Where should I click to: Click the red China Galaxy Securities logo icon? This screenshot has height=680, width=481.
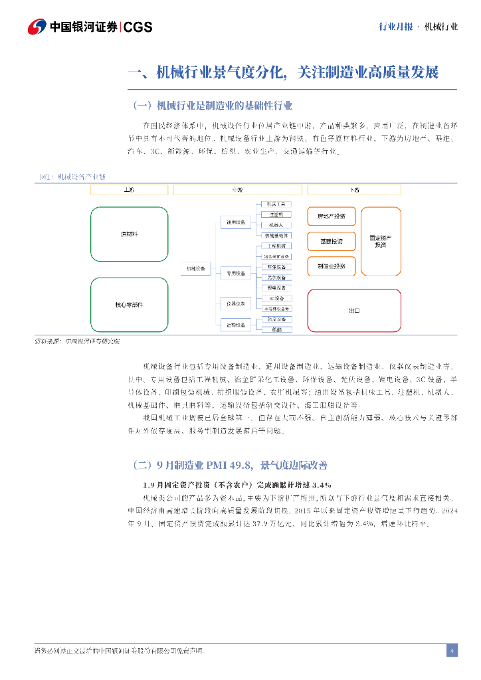pos(37,27)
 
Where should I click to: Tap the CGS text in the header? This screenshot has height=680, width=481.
pos(138,27)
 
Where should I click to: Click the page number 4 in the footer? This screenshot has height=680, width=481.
pos(452,650)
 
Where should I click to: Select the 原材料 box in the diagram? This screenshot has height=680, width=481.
pos(129,234)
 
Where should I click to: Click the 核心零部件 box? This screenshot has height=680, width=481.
pos(129,304)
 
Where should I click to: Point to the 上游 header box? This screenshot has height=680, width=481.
pos(129,190)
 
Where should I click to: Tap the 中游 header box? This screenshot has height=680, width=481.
pos(237,190)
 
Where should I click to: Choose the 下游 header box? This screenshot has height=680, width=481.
pos(355,190)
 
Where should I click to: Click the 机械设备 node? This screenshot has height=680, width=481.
pos(195,268)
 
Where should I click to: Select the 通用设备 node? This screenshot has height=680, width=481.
pos(236,222)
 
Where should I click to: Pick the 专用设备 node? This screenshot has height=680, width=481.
pos(236,273)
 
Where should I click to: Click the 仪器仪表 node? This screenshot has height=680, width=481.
pos(236,303)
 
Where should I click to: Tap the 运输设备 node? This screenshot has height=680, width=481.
pos(236,324)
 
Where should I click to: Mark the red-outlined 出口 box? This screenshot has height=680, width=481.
pos(354,310)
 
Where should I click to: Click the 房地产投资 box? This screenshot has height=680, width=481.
pos(331,216)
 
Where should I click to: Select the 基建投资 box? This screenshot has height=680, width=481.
pos(331,241)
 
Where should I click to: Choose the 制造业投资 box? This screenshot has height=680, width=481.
pos(331,266)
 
